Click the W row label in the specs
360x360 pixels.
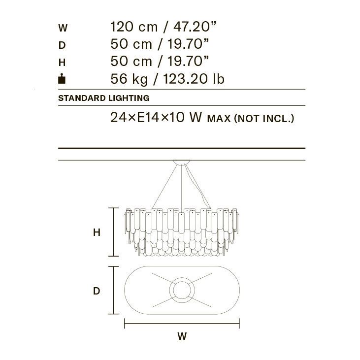coord(63,28)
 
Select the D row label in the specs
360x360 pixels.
coord(62,45)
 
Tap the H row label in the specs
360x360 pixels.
coord(62,63)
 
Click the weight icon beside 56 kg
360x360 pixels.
coord(62,78)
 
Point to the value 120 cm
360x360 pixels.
coord(134,27)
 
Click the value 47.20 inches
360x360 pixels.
coord(195,27)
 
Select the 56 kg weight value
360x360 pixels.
coord(129,79)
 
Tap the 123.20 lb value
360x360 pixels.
coord(194,79)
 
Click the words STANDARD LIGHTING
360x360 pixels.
coord(104,98)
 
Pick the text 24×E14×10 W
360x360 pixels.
coord(156,117)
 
